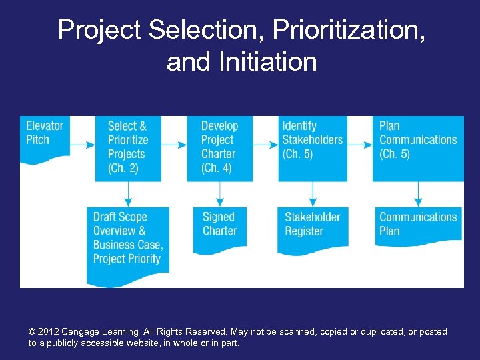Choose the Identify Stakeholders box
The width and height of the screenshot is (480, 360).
click(x=313, y=147)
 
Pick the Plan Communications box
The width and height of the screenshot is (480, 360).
click(x=418, y=147)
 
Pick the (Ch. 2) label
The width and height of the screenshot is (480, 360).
click(x=123, y=168)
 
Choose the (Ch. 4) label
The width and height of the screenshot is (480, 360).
click(x=217, y=168)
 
